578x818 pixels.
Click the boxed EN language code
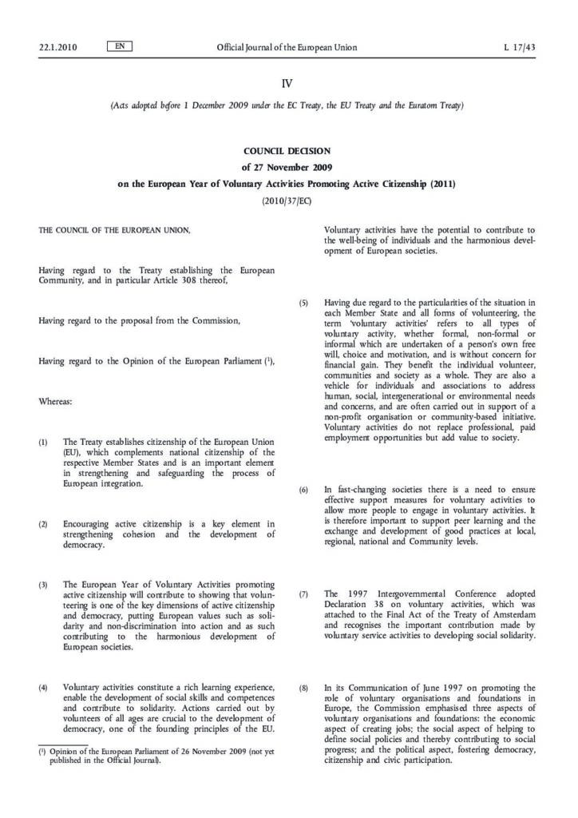click(119, 25)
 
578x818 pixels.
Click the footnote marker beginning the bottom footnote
click(42, 751)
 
